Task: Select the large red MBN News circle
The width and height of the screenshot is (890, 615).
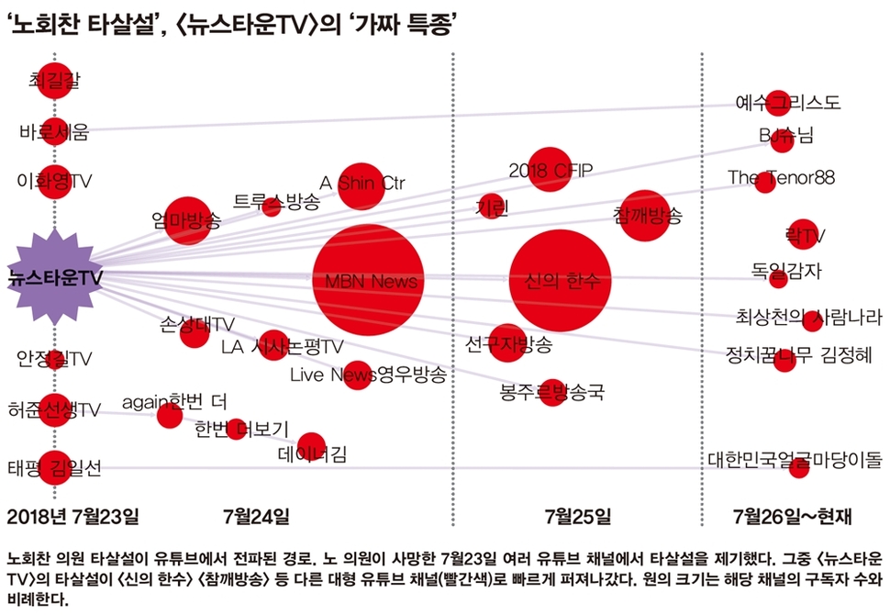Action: click(x=369, y=279)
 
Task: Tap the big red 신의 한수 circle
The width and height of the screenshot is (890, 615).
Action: click(x=561, y=279)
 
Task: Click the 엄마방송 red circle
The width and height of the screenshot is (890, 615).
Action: click(x=187, y=220)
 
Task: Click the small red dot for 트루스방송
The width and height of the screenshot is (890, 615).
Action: click(x=271, y=207)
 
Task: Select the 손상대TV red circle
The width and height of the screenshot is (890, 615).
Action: click(x=195, y=332)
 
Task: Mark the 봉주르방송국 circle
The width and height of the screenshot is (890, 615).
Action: click(x=552, y=393)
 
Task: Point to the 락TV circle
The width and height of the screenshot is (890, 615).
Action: click(x=801, y=234)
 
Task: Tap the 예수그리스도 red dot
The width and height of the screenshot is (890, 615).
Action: click(x=778, y=103)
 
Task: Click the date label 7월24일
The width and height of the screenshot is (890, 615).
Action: click(x=256, y=515)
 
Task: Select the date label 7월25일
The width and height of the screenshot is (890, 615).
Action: click(x=577, y=515)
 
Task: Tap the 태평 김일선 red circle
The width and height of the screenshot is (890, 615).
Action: click(x=54, y=467)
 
